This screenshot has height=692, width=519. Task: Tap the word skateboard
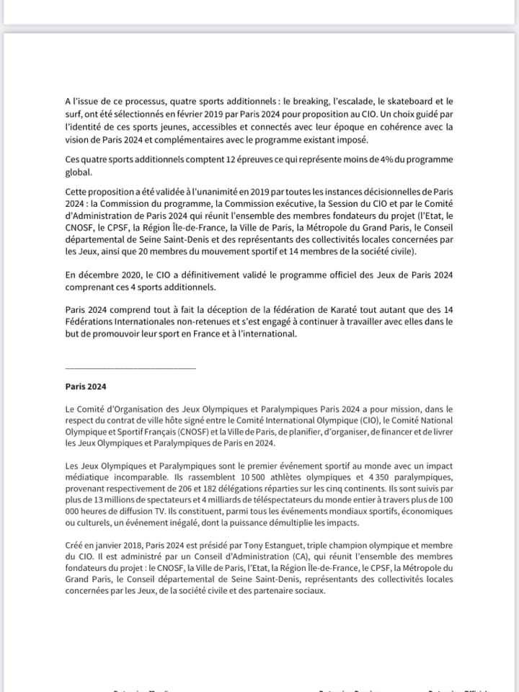click(x=414, y=103)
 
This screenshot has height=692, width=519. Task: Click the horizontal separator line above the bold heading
click(x=130, y=368)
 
